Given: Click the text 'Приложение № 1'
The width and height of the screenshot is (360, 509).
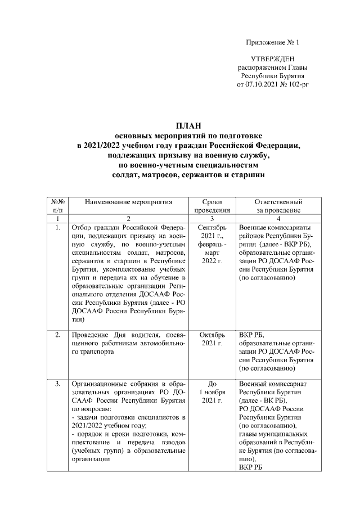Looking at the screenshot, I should coord(273,43).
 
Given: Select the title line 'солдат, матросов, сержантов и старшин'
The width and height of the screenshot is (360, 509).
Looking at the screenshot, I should coord(188,175).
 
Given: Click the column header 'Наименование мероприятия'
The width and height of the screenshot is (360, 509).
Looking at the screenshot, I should coord(128,201).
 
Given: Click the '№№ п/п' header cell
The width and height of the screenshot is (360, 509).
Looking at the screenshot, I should coord(58,205).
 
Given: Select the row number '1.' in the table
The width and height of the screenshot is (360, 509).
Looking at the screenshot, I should coord(58,227).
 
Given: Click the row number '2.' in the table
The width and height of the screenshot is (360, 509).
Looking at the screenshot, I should coord(58,335).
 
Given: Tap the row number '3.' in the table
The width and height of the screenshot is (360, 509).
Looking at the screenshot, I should coord(58,384).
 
